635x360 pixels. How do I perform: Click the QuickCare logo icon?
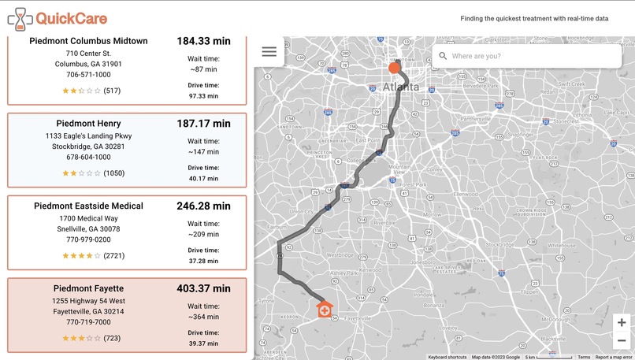tap(17, 19)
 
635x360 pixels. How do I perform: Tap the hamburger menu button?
tap(269, 52)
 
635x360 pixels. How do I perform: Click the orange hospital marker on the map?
tap(324, 309)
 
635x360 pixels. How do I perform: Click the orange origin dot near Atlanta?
tap(394, 68)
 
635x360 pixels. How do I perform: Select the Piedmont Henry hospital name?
tap(88, 124)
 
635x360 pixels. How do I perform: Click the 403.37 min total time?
tap(203, 288)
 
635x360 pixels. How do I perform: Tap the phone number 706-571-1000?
tap(88, 75)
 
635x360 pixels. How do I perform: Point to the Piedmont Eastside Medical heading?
tap(88, 206)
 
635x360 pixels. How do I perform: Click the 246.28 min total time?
tap(203, 206)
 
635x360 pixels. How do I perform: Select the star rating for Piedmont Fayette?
tap(82, 338)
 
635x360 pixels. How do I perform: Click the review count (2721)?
tap(114, 256)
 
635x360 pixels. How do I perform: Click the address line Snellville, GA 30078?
tap(88, 228)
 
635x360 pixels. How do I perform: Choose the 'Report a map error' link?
tap(615, 357)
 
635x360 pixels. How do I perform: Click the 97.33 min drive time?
tap(203, 96)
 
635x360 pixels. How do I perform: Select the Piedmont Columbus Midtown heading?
tap(88, 41)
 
